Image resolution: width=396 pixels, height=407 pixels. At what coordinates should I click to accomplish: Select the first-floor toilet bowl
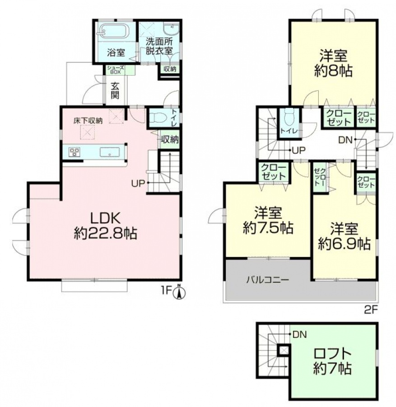point(158,118)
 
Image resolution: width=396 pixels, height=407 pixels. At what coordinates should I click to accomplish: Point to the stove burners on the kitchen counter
point(75,151)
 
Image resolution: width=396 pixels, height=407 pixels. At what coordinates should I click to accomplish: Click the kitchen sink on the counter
point(110,152)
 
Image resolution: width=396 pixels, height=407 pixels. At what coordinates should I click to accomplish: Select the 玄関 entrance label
point(115,90)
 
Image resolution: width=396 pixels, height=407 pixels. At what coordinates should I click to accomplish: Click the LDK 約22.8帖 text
point(106,225)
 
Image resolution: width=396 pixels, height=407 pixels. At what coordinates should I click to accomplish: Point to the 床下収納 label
point(88,120)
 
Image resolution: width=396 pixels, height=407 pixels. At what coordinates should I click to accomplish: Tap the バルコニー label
point(267,280)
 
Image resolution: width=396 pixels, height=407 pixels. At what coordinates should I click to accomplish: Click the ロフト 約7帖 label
point(332,361)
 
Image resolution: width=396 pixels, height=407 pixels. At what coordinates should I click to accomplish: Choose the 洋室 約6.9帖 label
point(344,236)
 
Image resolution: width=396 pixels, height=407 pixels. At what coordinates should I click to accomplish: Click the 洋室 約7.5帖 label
point(268,220)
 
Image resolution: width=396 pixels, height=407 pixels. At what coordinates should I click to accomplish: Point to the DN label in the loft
point(299,335)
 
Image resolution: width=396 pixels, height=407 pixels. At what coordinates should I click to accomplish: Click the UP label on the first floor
point(138,184)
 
